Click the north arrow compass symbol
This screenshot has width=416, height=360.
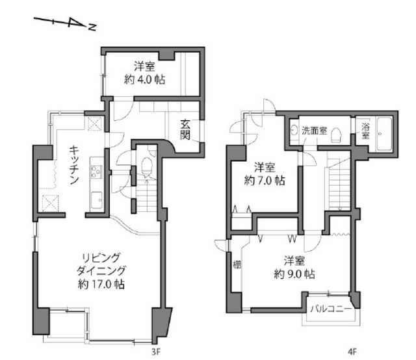tap(64, 23)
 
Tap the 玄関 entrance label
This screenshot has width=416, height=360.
tap(185, 130)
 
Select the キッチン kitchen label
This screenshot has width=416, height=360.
tap(74, 164)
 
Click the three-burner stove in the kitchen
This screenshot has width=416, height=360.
tap(97, 172)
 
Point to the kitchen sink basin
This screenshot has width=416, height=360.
tap(97, 199)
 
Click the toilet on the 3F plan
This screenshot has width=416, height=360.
tap(146, 166)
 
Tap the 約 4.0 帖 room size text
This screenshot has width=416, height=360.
tap(144, 79)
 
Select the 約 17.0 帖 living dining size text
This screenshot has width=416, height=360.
tap(101, 285)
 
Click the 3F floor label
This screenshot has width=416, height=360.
tap(156, 352)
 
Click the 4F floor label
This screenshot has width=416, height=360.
tap(352, 352)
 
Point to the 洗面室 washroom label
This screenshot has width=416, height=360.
tap(315, 131)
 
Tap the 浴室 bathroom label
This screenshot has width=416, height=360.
tap(365, 130)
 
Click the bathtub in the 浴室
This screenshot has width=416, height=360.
tap(384, 135)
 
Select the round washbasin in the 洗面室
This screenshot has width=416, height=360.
tap(293, 130)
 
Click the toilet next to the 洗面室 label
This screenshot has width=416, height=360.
tap(336, 135)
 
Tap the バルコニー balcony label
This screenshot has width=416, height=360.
tap(331, 309)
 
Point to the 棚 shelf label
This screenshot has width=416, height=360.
tap(237, 264)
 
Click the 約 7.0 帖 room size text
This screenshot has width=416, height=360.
tap(265, 181)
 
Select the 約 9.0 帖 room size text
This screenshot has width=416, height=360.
tap(294, 274)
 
